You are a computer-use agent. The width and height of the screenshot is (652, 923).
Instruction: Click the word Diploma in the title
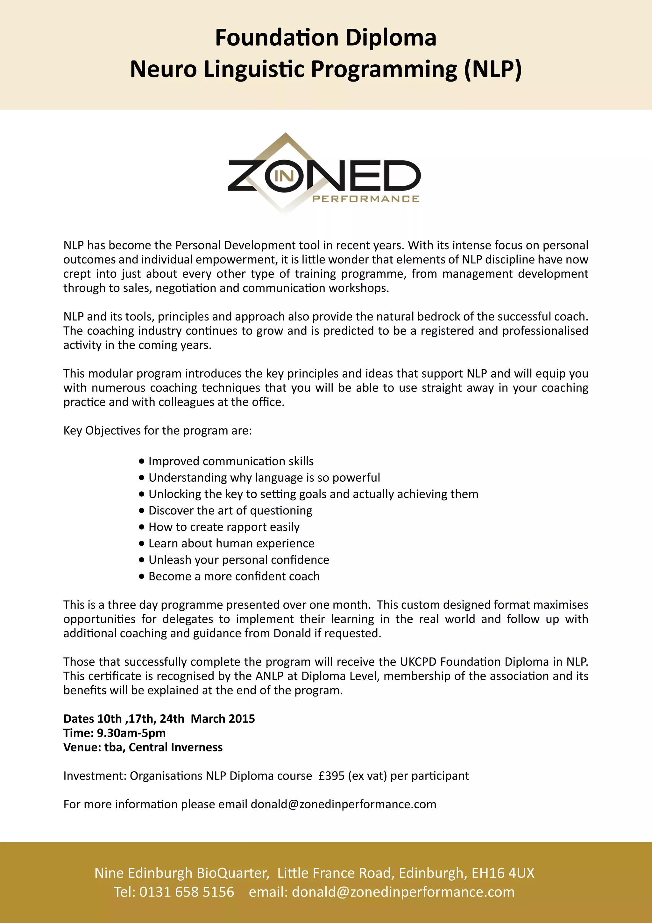(x=391, y=38)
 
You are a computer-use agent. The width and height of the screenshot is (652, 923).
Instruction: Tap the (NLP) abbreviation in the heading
(x=493, y=69)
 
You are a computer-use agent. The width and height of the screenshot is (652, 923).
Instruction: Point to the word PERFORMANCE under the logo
(x=365, y=198)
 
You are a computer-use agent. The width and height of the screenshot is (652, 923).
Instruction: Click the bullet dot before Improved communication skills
(x=141, y=461)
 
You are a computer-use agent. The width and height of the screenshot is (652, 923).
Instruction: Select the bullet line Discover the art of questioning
(x=230, y=510)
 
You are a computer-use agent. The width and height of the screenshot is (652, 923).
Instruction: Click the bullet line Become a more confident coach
(x=234, y=576)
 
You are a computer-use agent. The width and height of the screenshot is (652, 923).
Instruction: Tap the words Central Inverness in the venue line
(x=175, y=747)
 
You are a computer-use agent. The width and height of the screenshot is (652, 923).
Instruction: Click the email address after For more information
(x=343, y=804)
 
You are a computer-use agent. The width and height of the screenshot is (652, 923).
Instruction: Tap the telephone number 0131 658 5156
(x=187, y=892)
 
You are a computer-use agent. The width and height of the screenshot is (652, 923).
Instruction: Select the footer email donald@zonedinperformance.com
(x=403, y=892)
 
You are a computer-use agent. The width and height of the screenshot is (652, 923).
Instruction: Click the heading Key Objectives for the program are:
(x=158, y=430)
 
